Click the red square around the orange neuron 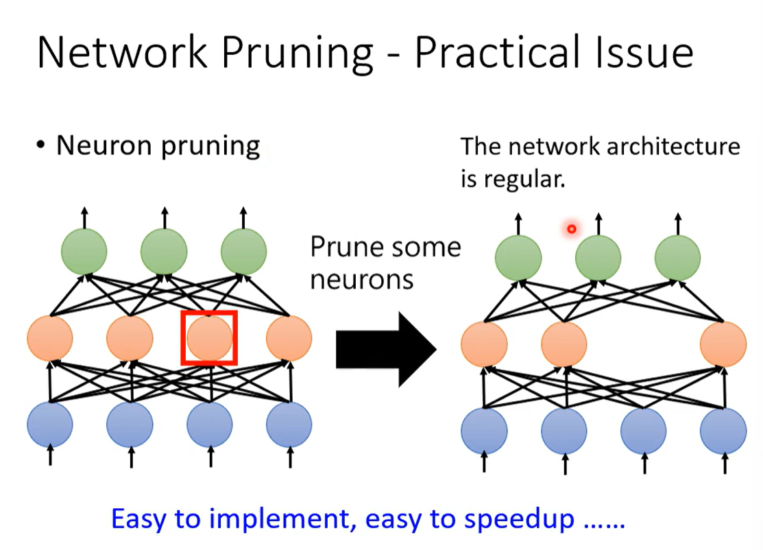[x=209, y=313]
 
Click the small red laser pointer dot [x=571, y=229]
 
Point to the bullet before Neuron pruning [x=42, y=146]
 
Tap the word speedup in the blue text [x=520, y=519]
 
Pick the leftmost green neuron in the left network [x=84, y=251]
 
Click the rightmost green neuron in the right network [x=677, y=258]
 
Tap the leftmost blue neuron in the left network [x=50, y=425]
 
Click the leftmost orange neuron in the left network [x=50, y=338]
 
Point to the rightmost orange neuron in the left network [x=289, y=338]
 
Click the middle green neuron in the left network [x=164, y=251]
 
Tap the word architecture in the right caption [x=670, y=147]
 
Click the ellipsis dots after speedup [x=604, y=521]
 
